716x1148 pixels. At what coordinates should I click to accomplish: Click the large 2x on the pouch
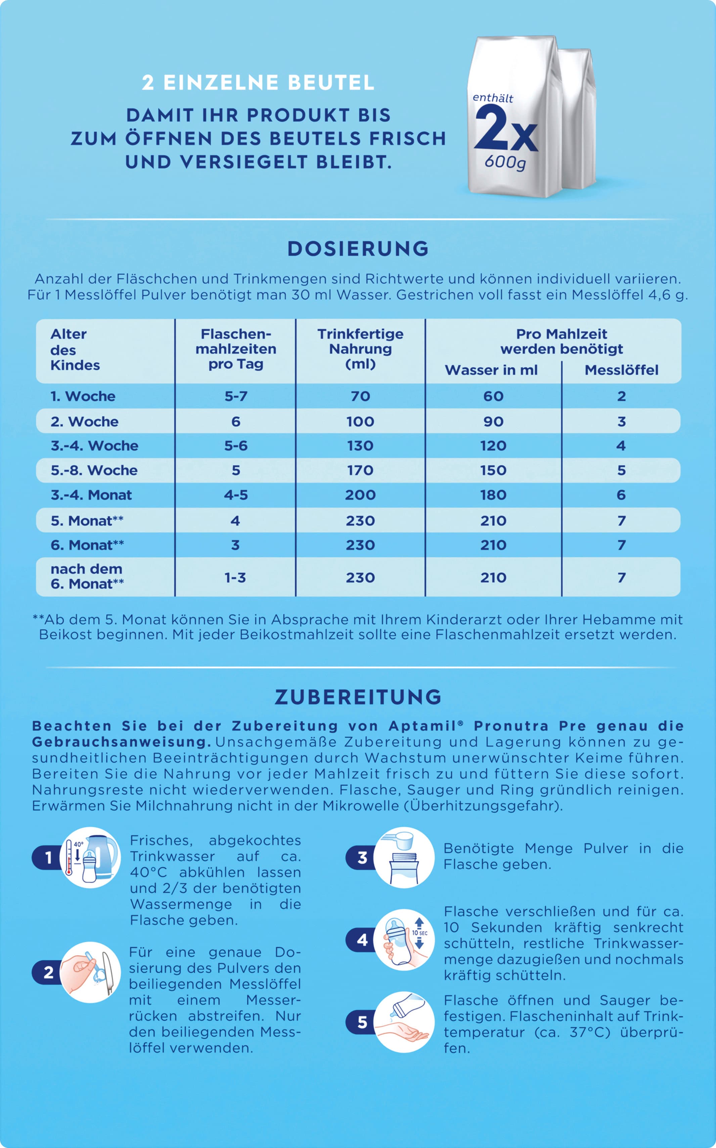[x=506, y=129]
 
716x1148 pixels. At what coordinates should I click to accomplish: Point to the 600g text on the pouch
[x=505, y=163]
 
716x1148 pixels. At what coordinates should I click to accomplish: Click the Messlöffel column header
[x=621, y=370]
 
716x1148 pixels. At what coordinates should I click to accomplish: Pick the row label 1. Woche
[x=83, y=396]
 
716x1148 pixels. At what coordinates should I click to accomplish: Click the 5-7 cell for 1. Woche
[x=236, y=396]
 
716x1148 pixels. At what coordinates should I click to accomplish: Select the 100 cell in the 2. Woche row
[x=360, y=421]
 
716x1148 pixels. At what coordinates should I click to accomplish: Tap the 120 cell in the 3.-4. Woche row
[x=493, y=446]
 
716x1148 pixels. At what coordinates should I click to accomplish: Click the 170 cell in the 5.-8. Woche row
[x=360, y=470]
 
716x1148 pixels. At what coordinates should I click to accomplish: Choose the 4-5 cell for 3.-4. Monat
[x=236, y=495]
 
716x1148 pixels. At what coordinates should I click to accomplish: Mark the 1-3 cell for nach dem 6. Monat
[x=235, y=578]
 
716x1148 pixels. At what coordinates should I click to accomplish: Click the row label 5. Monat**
[x=87, y=521]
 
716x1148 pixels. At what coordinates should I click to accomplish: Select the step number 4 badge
[x=362, y=940]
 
